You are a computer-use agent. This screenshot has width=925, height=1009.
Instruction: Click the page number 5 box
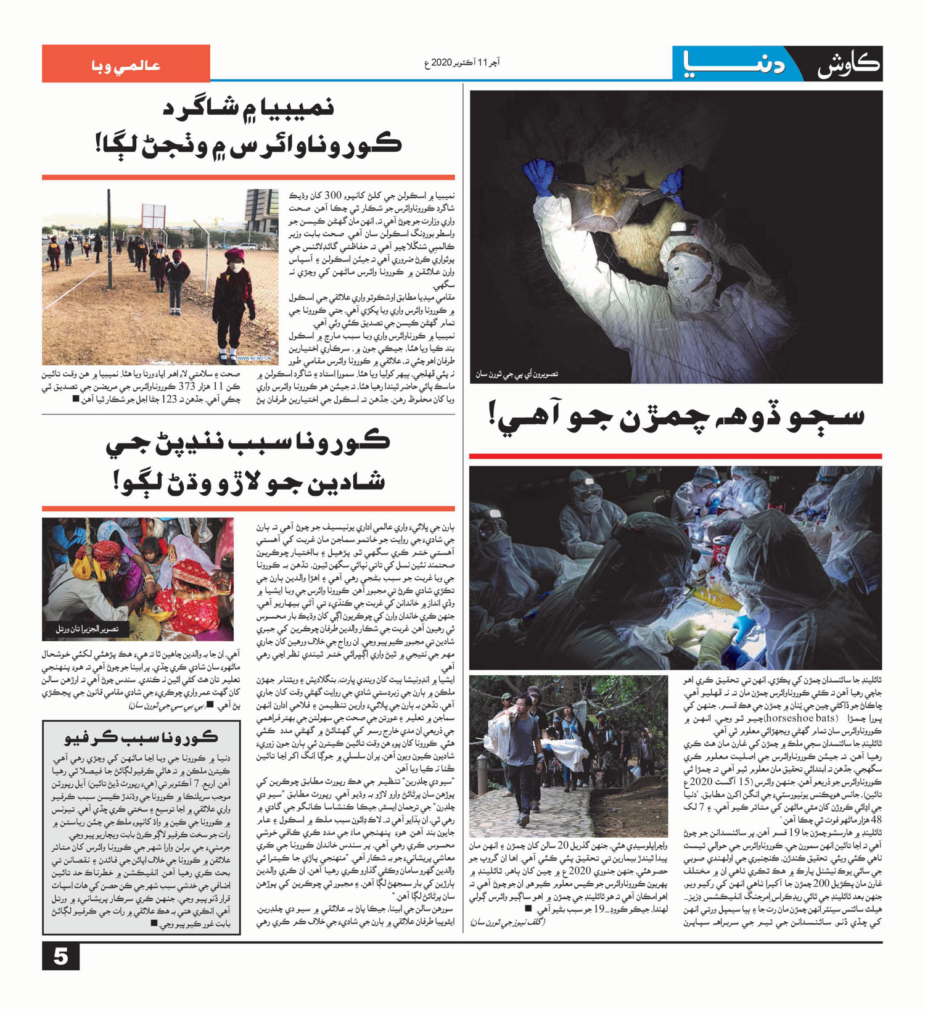click(x=60, y=957)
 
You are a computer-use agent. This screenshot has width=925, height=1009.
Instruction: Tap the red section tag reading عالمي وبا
click(x=126, y=64)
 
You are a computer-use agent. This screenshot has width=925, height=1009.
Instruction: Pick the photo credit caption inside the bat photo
click(x=516, y=374)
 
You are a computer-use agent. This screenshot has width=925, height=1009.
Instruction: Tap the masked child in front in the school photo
click(x=234, y=302)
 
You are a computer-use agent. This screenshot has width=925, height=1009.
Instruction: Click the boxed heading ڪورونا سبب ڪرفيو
click(x=141, y=737)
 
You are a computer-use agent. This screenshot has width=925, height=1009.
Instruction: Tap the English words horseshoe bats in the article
click(x=806, y=718)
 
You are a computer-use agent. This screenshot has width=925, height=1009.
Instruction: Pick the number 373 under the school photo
click(x=186, y=387)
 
